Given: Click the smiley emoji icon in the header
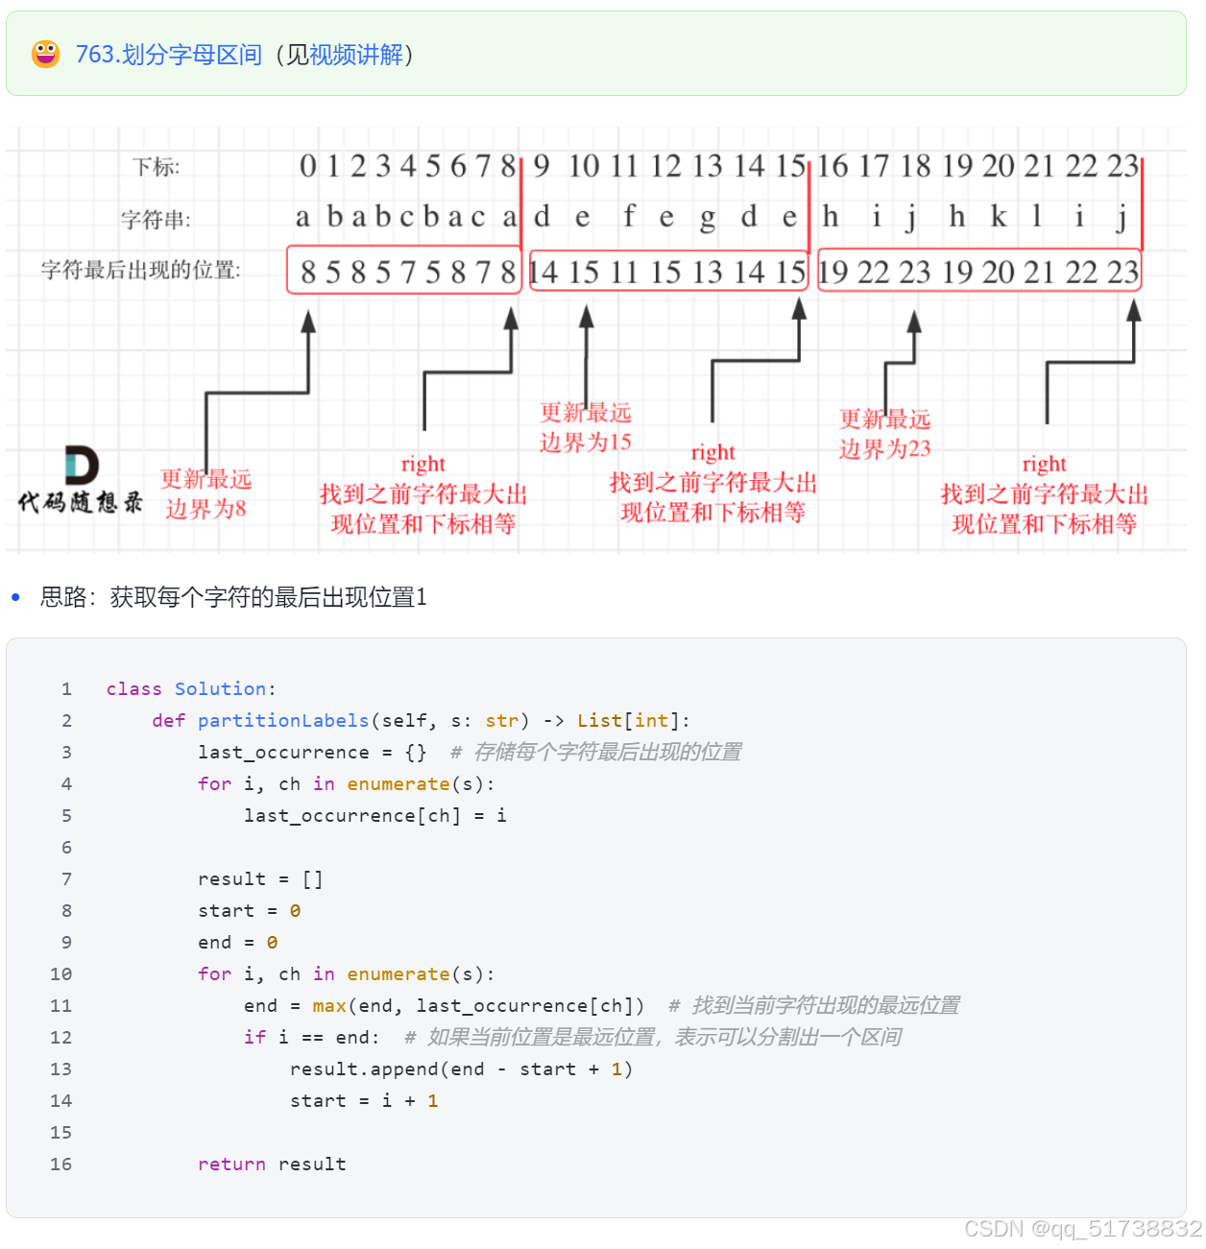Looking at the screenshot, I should tap(45, 54).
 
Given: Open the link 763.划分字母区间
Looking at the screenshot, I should tap(168, 55).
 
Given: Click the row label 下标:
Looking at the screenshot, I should tap(157, 167).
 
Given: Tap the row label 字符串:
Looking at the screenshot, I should tap(156, 220).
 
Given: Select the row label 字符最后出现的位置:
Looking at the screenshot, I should tap(141, 270).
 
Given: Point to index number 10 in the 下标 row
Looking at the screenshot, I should tap(583, 166).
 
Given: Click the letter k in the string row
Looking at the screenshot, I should tap(999, 217).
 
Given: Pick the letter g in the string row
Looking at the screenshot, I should tap(708, 218).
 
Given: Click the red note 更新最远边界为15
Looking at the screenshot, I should tap(586, 427).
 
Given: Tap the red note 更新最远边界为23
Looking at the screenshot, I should tap(885, 434).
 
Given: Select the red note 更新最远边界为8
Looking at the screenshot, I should tap(206, 493).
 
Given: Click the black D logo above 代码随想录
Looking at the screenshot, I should tap(82, 466).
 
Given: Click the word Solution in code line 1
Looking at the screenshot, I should tap(220, 688).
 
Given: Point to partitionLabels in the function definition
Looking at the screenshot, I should tap(283, 720).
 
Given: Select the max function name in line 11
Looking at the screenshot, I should tap(329, 1005).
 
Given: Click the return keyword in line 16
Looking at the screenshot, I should tap(231, 1164).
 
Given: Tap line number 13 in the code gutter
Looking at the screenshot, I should tap(60, 1069).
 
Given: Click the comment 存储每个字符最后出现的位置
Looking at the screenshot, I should tap(607, 752).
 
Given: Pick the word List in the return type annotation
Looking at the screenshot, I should tap(600, 720).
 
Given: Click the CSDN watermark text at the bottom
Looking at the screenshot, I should tap(1082, 1229).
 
